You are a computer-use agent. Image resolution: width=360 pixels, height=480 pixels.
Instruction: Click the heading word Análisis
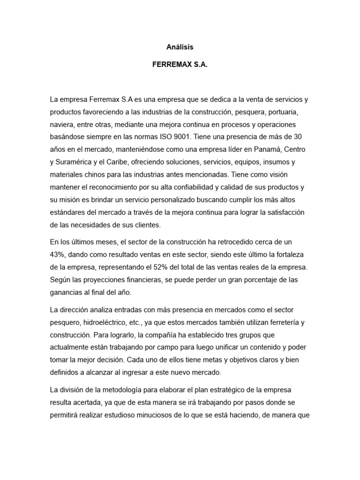[180, 47]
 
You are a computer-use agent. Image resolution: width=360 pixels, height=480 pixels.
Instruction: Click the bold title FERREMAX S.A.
[180, 66]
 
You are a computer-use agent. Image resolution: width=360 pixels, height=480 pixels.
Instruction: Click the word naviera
[60, 125]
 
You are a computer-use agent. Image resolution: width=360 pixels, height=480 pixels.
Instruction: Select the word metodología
[127, 390]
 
